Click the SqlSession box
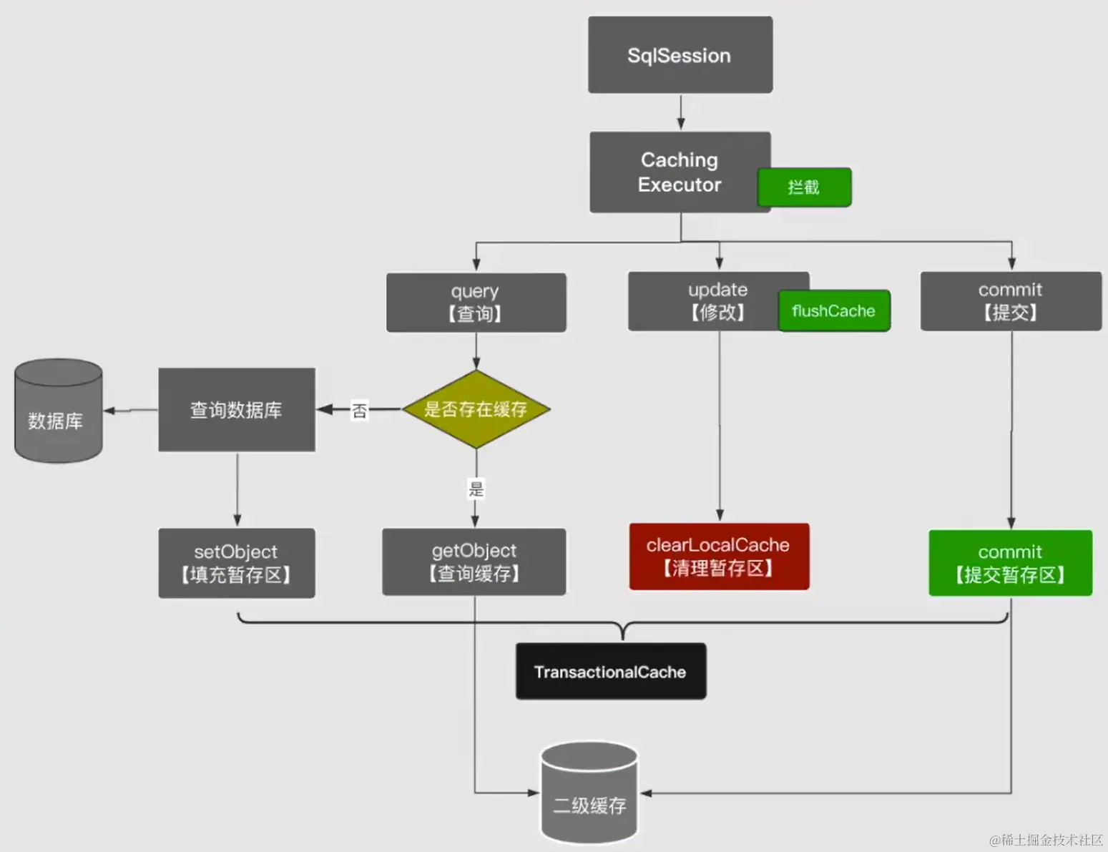pyautogui.click(x=680, y=55)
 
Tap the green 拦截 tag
pyautogui.click(x=805, y=187)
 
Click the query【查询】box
pyautogui.click(x=476, y=303)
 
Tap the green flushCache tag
pyautogui.click(x=834, y=311)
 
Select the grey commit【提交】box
pyautogui.click(x=1010, y=301)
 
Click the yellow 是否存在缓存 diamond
pyautogui.click(x=476, y=409)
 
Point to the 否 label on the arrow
pyautogui.click(x=359, y=411)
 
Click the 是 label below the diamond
pyautogui.click(x=476, y=489)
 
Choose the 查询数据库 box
pyautogui.click(x=236, y=410)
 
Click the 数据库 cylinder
pyautogui.click(x=58, y=411)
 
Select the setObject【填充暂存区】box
pyautogui.click(x=236, y=563)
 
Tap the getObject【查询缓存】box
pyautogui.click(x=474, y=562)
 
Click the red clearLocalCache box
pyautogui.click(x=719, y=557)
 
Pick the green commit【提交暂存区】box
pyautogui.click(x=1010, y=563)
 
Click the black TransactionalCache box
pyautogui.click(x=610, y=672)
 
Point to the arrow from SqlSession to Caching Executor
pyautogui.click(x=681, y=112)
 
